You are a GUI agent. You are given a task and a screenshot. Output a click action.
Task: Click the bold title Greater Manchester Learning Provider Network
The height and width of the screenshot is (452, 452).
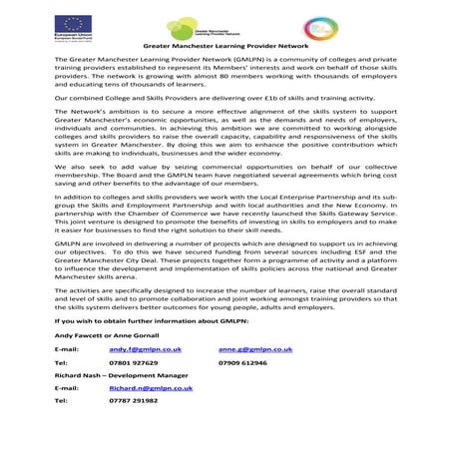tap(226, 46)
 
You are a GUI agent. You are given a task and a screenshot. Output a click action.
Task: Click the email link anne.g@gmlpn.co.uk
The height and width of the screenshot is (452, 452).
tap(254, 350)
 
